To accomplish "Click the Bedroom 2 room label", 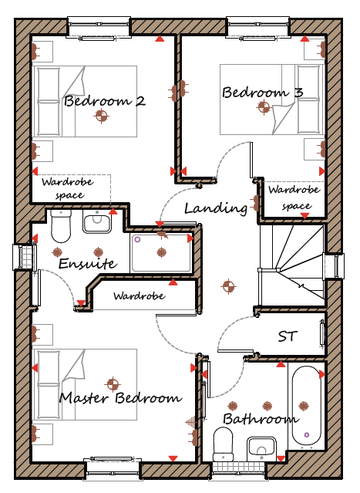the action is point(105,101).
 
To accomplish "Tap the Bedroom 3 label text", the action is point(263,92).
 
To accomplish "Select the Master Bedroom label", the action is point(120,398).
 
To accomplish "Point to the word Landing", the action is point(216,208).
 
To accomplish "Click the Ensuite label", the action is point(88,263).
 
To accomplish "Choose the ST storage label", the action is point(287,336).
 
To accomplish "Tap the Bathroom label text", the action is point(261,419).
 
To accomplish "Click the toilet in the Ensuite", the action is point(61,226).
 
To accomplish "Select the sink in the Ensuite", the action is point(97,221).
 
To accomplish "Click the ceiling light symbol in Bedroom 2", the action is point(101,116).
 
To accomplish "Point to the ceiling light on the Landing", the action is point(228,286).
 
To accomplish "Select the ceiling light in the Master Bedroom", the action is point(113,383).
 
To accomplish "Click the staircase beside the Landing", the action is point(292,265).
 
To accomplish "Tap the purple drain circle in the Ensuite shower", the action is point(137,240).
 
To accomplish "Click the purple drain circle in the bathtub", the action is point(307,435).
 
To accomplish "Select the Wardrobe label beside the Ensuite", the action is point(140,295).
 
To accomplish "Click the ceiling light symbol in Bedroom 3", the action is point(264,107).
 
